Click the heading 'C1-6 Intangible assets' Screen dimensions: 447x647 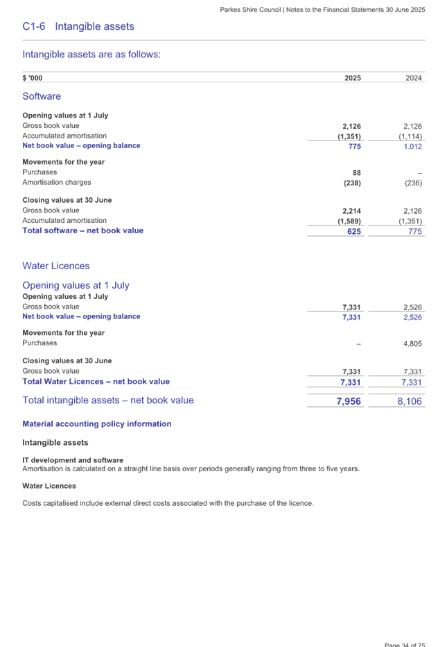[78, 26]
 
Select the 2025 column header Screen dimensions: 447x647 [352, 78]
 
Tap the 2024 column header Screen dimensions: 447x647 [413, 78]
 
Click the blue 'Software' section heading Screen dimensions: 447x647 [42, 97]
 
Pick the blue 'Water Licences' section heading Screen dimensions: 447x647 [56, 266]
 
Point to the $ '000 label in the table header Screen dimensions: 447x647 [33, 78]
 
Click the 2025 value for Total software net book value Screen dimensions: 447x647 [353, 231]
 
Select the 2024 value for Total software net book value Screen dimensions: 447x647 [414, 231]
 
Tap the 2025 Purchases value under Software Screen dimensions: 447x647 [356, 172]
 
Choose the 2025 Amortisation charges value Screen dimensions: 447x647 [352, 183]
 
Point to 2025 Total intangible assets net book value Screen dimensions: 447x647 [349, 401]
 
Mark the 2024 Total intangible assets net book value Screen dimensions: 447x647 [410, 401]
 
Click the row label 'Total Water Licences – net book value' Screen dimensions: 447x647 [96, 382]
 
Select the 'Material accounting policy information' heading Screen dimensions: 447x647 [97, 424]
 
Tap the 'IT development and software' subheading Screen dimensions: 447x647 [73, 460]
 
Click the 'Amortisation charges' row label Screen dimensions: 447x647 [56, 183]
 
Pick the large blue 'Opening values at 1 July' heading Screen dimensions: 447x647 [76, 286]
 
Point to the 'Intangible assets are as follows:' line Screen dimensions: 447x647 [91, 55]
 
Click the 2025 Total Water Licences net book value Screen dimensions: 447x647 [351, 383]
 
